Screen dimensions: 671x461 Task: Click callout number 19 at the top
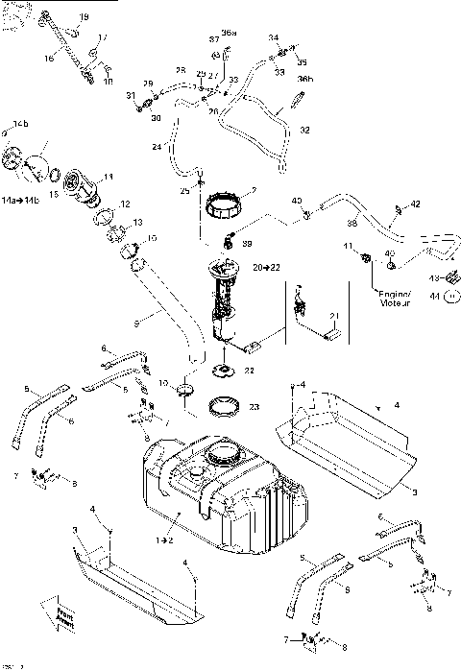coord(83,18)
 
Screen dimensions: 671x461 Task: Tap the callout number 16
coord(48,58)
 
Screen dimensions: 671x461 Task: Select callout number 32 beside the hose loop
coord(305,128)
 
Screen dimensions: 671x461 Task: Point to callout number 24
coord(156,147)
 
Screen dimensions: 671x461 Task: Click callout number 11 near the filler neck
coord(109,177)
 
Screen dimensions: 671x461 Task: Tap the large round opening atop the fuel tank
coord(227,451)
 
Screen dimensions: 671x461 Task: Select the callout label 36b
coord(304,78)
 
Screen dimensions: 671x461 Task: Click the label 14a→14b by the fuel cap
coord(21,200)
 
